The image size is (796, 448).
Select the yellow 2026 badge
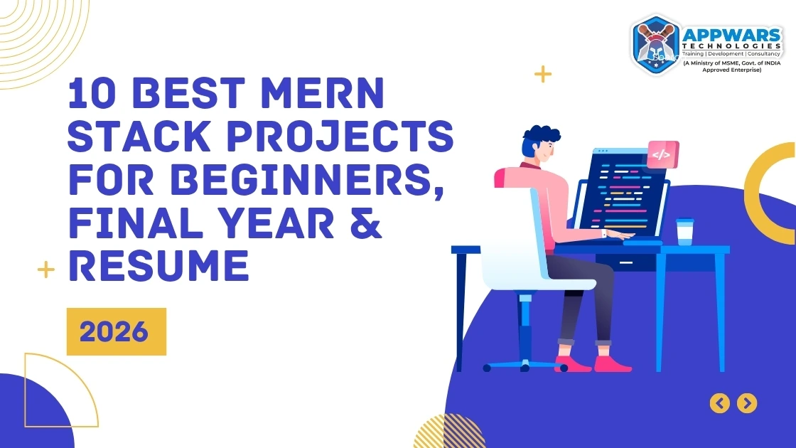[116, 331]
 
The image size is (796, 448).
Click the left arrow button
[720, 403]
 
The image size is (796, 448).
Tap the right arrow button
[746, 403]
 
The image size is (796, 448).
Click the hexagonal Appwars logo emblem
[655, 45]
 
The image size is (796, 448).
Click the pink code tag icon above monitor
[662, 154]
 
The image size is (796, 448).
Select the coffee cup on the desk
[684, 232]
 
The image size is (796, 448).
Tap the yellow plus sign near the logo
[543, 73]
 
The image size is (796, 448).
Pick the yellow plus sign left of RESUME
[46, 270]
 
